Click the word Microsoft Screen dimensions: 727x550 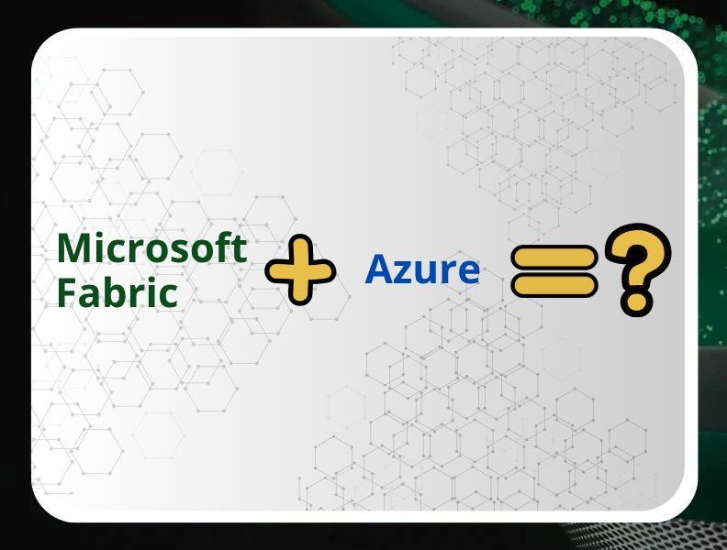point(151,248)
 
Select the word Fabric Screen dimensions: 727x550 point(117,293)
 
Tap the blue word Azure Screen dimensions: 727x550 point(422,269)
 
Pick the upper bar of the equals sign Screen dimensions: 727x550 point(555,258)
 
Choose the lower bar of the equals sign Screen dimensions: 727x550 point(555,284)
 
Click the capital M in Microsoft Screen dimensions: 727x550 point(73,248)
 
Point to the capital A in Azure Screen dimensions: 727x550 point(380,269)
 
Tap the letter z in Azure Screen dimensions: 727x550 point(406,272)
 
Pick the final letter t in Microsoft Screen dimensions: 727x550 point(240,249)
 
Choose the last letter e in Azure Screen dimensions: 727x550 point(467,272)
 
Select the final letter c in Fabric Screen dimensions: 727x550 point(166,296)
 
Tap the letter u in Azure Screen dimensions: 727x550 point(428,272)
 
